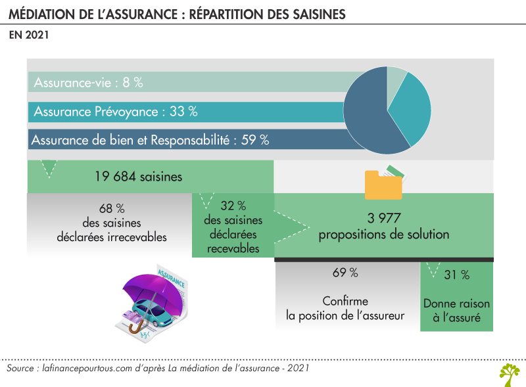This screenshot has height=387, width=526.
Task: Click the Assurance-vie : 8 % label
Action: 88,83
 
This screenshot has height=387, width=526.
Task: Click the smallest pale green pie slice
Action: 396,78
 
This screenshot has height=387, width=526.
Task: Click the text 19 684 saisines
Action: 138,177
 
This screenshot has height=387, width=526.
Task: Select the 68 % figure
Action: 111,209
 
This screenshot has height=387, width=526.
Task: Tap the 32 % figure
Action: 233,206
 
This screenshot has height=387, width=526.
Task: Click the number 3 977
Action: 383,218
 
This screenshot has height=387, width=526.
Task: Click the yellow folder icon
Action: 383,184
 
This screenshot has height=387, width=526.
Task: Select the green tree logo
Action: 508,374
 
